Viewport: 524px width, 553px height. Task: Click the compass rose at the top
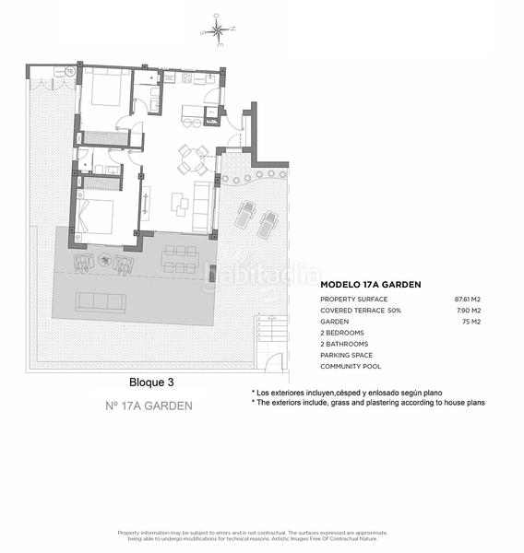(218, 31)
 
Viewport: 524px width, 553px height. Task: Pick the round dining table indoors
(194, 159)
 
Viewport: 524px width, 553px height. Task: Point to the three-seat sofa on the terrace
(100, 302)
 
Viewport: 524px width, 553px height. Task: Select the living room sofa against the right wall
(202, 206)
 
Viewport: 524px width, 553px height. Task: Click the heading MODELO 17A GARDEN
(371, 285)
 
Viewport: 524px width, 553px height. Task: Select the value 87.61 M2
(469, 300)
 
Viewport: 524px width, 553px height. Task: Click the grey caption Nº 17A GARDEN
(149, 406)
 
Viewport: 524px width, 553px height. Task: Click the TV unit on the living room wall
(145, 204)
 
